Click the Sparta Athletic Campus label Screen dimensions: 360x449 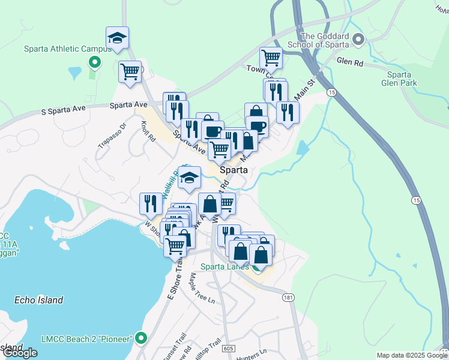(58, 49)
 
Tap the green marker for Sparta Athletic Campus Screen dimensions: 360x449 (94, 61)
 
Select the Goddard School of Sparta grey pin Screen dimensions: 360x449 (358, 40)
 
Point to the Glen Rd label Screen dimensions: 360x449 (349, 61)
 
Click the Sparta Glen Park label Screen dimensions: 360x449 (399, 79)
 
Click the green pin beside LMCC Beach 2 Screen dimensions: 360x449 (141, 338)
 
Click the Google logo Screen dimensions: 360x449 (20, 353)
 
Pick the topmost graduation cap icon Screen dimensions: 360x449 (118, 39)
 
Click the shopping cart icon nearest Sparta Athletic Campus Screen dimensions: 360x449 (130, 73)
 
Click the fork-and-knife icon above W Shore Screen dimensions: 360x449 (150, 203)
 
